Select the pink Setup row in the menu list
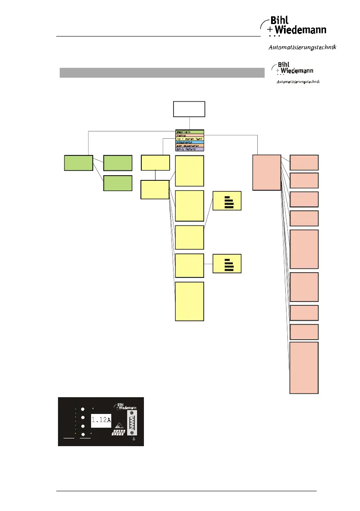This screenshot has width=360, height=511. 189,135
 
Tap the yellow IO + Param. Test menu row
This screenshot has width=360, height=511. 189,138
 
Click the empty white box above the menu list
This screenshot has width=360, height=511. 189,109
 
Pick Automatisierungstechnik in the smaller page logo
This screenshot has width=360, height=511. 298,81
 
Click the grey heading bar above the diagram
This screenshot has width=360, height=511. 162,73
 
